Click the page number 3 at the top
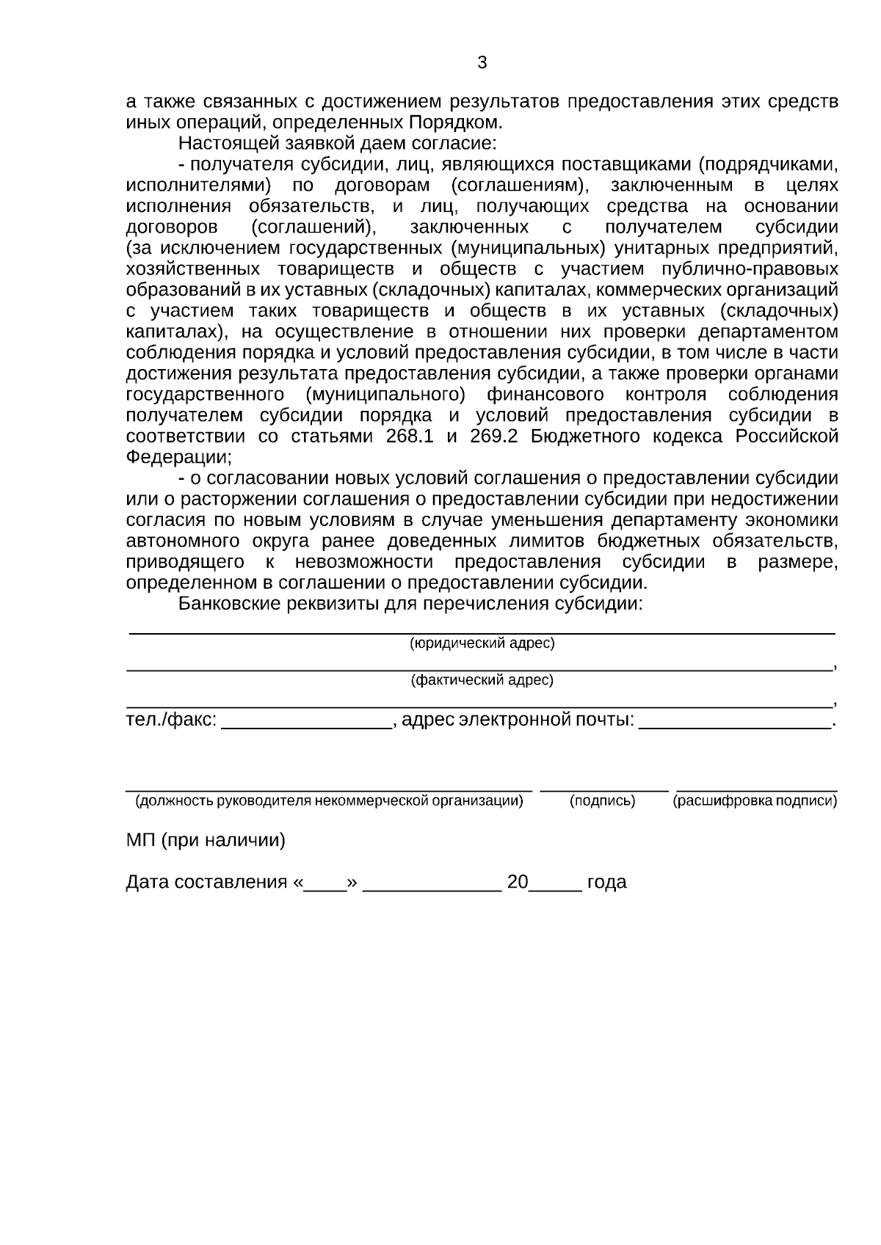(x=482, y=63)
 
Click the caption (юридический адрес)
(x=482, y=643)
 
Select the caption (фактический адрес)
(x=482, y=680)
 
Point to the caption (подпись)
(x=602, y=801)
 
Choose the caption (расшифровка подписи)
(x=755, y=801)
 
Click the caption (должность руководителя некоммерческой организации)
(x=329, y=801)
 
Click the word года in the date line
(x=606, y=882)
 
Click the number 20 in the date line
(x=517, y=882)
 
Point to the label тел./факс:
(x=171, y=720)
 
